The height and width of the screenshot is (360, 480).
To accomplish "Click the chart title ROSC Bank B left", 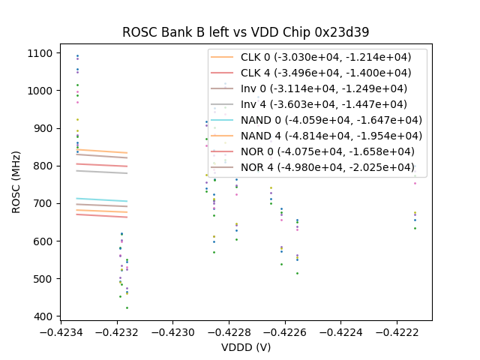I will coord(246,32).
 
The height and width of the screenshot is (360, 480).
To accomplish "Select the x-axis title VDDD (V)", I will coord(246,347).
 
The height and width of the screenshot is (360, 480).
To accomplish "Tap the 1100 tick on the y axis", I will coord(40,53).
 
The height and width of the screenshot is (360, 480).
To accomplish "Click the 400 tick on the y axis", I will coord(43,316).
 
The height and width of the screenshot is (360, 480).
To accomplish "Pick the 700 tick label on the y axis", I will coord(43,203).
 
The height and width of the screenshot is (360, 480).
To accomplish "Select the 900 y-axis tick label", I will coord(43,128).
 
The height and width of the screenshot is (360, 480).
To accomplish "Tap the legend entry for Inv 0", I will coord(324,88).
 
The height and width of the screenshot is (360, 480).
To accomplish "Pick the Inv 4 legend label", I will coord(324,104).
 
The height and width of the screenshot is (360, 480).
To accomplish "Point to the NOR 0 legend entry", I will coord(327,151).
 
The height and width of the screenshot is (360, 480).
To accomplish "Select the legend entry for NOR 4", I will coord(327,167).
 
